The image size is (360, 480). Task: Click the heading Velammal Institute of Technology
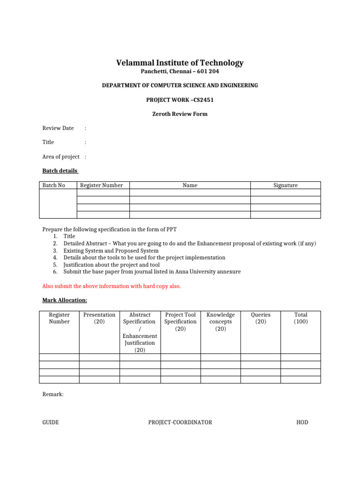(180, 63)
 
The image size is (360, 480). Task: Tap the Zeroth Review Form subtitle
(180, 114)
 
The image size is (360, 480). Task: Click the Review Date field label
(58, 128)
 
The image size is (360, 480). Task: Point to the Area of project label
(61, 157)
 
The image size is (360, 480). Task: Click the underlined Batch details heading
(60, 171)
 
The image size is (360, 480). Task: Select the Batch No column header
(54, 186)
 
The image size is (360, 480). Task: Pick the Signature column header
(285, 186)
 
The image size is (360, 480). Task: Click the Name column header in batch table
(190, 186)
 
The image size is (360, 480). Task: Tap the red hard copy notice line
(112, 286)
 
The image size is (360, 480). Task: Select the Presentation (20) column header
(99, 318)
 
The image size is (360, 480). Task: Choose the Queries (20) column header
(261, 318)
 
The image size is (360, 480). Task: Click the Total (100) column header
(301, 318)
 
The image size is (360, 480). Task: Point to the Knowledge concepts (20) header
(221, 322)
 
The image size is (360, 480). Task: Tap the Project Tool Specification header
(180, 322)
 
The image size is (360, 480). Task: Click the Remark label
(53, 395)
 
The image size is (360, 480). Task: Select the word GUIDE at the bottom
(51, 422)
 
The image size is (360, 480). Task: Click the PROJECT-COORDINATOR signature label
(180, 422)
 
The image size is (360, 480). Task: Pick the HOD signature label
(302, 422)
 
